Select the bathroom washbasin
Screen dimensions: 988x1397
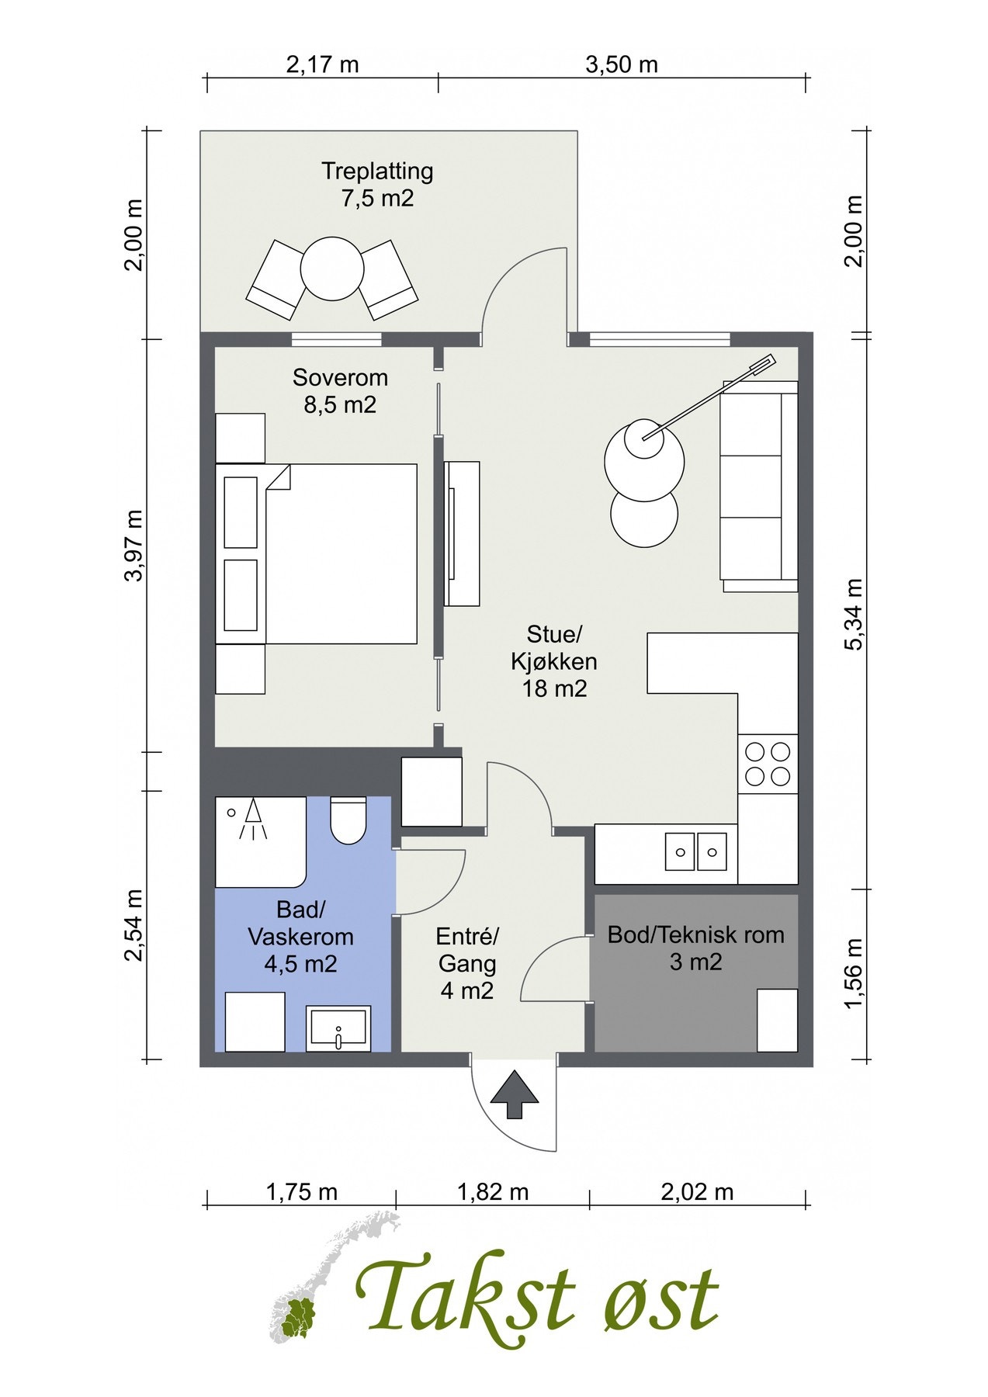coord(338,1029)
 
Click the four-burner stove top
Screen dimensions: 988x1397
coord(768,764)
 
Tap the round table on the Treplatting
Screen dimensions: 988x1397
coord(332,269)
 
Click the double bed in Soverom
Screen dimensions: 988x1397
coord(316,553)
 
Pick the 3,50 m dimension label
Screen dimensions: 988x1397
coord(622,64)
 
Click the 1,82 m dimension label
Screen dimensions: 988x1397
coord(493,1191)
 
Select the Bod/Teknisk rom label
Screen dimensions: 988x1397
coord(695,934)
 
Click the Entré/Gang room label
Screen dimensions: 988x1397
coord(467,963)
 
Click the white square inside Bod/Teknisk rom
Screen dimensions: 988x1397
coord(778,1020)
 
